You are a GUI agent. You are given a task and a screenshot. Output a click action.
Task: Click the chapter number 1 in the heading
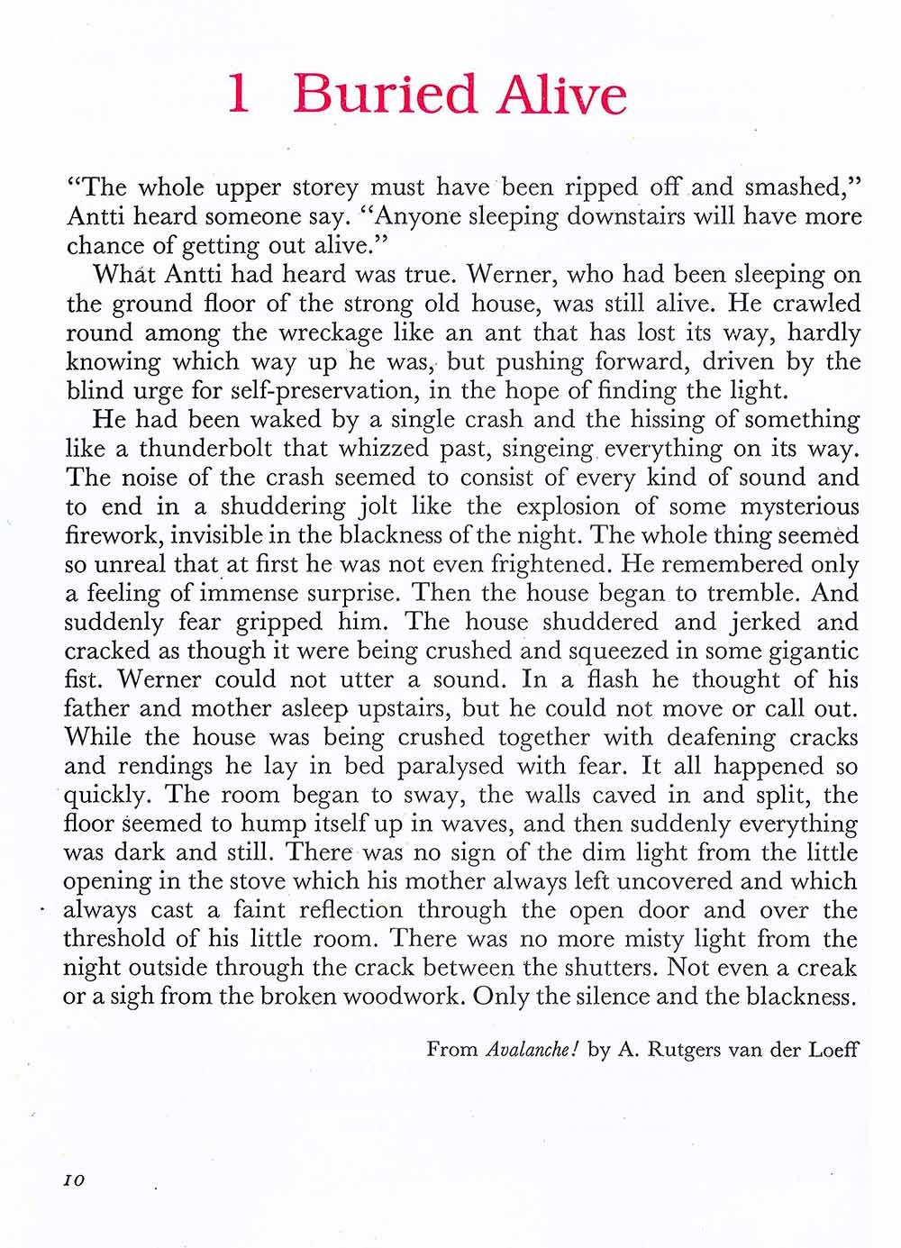point(238,95)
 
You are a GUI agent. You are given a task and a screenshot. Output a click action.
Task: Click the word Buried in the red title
point(385,95)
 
